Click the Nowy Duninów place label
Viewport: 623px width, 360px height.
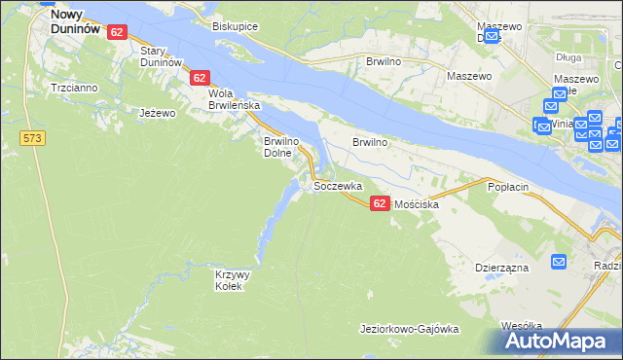[75, 22]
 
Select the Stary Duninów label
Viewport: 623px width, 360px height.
[162, 55]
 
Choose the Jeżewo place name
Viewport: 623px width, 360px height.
[157, 113]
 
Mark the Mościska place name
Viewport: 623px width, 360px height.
[417, 205]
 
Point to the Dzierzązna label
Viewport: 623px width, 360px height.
[501, 265]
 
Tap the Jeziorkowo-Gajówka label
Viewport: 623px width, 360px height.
[409, 330]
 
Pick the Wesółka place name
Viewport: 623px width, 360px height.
[521, 326]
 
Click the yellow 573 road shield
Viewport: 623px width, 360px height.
[32, 139]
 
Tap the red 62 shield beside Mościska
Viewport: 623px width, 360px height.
[380, 202]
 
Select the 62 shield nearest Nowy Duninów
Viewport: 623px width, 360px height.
[117, 32]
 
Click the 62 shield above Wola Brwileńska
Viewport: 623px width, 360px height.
[200, 77]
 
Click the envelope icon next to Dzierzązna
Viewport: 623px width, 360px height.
[559, 261]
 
